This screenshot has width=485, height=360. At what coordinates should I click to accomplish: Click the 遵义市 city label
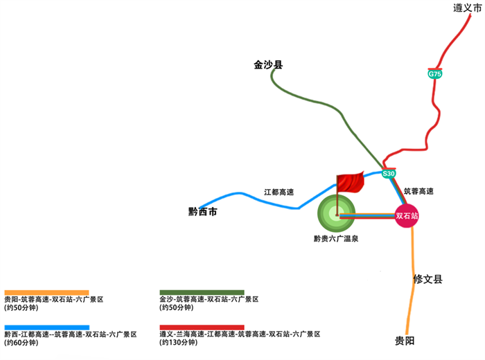click(468, 8)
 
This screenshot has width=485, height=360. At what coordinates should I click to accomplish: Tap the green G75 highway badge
click(435, 74)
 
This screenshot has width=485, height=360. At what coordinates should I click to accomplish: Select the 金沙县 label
click(268, 66)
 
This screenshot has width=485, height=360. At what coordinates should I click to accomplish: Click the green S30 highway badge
click(389, 174)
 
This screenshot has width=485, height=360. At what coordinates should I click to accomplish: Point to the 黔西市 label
click(203, 212)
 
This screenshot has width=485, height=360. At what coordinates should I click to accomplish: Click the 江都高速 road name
click(279, 192)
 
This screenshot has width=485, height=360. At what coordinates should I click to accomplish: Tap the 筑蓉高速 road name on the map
click(418, 191)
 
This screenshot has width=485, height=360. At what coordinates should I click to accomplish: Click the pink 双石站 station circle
click(407, 216)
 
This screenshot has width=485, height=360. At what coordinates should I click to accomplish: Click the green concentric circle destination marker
click(336, 215)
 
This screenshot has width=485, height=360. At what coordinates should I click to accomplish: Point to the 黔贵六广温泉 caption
click(335, 238)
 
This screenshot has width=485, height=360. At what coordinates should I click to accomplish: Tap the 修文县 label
click(427, 280)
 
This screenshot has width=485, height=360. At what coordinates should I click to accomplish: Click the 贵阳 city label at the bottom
click(405, 341)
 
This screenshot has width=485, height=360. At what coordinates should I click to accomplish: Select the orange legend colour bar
click(46, 292)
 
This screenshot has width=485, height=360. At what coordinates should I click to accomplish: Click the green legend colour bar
click(202, 292)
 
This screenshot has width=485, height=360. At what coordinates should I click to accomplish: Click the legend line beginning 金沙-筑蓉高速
click(209, 300)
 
